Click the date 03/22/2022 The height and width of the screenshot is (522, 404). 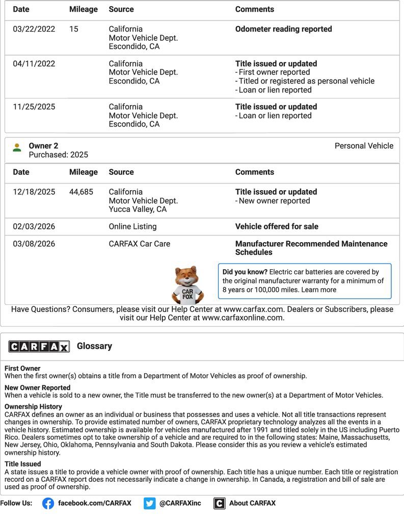coord(34,29)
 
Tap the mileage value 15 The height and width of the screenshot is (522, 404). coord(74,29)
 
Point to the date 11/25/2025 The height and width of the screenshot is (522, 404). coord(34,107)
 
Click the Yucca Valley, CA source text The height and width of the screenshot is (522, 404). coord(138,209)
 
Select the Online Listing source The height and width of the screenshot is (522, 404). coord(132,226)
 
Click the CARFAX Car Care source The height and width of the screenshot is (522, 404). coord(139,244)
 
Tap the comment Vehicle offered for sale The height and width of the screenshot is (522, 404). coord(276,226)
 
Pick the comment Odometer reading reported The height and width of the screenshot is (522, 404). coord(283,29)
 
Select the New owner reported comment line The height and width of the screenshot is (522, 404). coord(274,201)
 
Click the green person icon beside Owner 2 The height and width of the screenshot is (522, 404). coord(17,147)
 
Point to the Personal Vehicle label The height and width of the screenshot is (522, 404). coord(364,146)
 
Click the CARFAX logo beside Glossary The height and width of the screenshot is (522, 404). coord(39,347)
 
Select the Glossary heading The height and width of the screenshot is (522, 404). coord(94,346)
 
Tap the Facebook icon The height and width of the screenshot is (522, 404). coord(48,503)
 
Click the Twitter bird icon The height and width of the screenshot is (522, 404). coord(149,503)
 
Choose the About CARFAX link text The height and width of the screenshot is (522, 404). coord(252,503)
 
